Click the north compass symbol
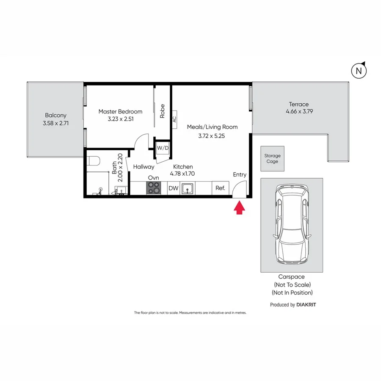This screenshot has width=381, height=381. point(359,71)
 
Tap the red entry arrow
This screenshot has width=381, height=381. point(239,207)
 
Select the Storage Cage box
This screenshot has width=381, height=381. point(272,159)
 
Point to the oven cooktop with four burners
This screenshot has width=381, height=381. point(153,188)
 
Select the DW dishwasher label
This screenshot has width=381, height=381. point(173,188)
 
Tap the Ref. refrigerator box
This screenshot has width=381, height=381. point(220,188)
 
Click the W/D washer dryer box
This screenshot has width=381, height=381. point(162,148)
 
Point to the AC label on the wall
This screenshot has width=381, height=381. point(174,119)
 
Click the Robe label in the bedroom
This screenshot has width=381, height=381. point(162,111)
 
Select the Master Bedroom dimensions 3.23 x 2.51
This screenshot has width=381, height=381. point(120,119)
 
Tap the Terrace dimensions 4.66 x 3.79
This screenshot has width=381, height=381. point(299,112)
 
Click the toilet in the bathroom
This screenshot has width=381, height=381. point(94,161)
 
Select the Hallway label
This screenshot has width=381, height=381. point(144,167)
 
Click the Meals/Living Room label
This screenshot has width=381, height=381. point(212,127)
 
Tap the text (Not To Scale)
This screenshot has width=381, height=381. point(292,285)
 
